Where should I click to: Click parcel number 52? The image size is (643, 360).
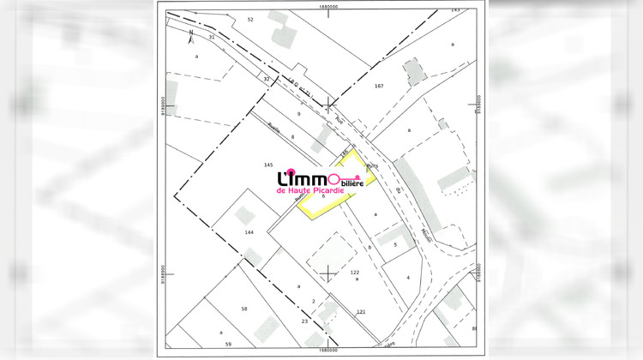coord(250,18)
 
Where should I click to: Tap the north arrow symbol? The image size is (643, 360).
coord(190,34)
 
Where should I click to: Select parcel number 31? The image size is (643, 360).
coord(212,38)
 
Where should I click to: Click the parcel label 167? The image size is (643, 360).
coord(379,87)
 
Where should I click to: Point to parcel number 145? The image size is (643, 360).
coord(267,164)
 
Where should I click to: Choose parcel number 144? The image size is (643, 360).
coord(249,232)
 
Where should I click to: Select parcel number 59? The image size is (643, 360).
coord(228,344)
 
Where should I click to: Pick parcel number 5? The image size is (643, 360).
coord(394,244)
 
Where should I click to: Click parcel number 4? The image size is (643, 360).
coord(408,278)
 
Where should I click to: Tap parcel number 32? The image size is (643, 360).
coord(267,79)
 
